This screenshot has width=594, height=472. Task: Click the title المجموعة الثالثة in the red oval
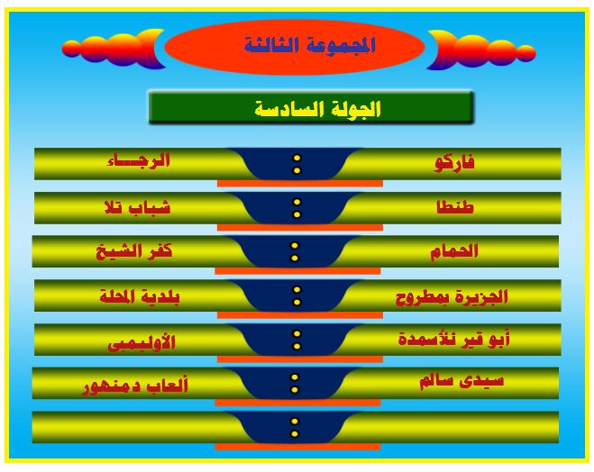point(309,45)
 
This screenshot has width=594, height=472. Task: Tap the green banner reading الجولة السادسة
point(311,107)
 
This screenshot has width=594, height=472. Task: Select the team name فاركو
point(453,164)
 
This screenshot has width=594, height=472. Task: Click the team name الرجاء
point(139,160)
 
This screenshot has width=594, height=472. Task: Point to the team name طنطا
point(455,206)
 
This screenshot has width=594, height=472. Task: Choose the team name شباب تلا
point(137,207)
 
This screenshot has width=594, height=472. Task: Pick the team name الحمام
point(453,250)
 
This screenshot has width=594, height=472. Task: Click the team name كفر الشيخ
point(134,251)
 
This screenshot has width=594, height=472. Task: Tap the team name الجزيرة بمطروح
point(452,297)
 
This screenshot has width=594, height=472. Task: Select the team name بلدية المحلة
point(140,296)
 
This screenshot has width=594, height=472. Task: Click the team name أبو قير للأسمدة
point(453,339)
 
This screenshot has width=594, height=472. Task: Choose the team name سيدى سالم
point(461,380)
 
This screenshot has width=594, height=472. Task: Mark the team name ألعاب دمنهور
point(135,386)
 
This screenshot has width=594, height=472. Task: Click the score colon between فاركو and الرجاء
point(297,164)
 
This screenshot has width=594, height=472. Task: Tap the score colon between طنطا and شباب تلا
point(297,208)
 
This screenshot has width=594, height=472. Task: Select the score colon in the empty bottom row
point(295,427)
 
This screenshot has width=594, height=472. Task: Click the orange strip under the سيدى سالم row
point(297,403)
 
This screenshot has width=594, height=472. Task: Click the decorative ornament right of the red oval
point(481,50)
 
